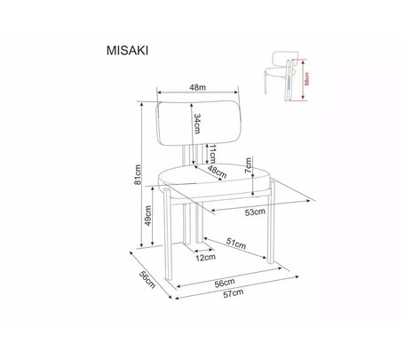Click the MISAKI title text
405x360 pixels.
coord(127,51)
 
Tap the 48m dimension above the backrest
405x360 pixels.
coord(197,87)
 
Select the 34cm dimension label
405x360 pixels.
coord(197,124)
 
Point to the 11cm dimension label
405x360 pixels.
coord(212,154)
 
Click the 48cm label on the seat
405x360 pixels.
coord(217,172)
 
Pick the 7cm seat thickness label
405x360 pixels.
coord(249,165)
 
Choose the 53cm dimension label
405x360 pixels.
coord(255,212)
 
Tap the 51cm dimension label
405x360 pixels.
coord(236,244)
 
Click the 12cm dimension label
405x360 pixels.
coord(205,258)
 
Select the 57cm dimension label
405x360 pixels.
coord(234,293)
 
